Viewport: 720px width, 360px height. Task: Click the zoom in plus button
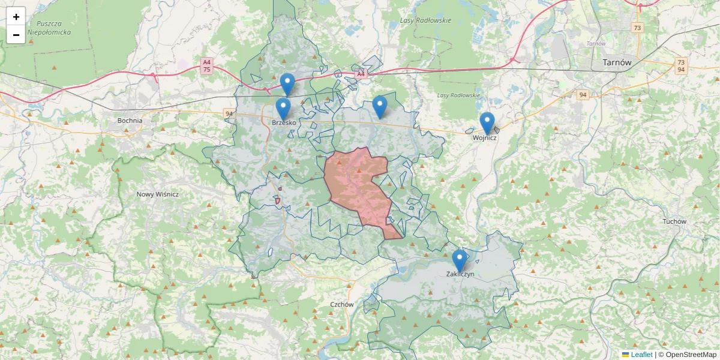(16, 16)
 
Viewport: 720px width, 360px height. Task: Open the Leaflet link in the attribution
(641, 355)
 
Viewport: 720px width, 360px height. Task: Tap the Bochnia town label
(130, 121)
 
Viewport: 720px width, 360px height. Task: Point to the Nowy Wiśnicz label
(158, 194)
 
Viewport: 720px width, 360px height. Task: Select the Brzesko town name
(284, 123)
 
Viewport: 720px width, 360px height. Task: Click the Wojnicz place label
(485, 138)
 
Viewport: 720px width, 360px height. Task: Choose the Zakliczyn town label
(460, 274)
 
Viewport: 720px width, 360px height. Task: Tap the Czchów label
(342, 304)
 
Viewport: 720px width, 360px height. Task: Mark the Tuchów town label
(674, 221)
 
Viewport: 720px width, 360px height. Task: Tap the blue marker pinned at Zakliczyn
(460, 260)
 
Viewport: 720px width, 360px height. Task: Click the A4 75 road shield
(207, 65)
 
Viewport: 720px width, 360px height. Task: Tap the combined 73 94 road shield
(680, 65)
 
